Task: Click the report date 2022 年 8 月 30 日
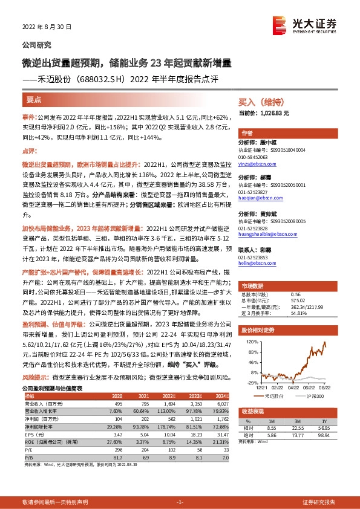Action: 47,27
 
